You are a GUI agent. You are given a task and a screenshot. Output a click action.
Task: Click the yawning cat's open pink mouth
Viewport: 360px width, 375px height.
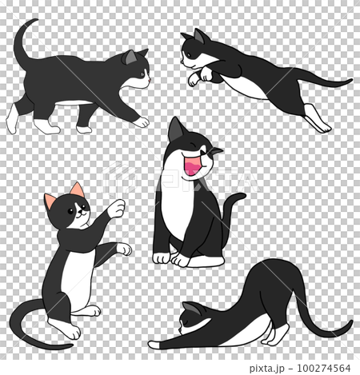tap(191, 166)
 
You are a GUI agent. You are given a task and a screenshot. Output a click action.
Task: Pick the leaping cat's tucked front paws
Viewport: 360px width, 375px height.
tap(200, 76)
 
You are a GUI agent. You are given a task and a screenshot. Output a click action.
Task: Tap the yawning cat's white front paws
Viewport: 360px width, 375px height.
tap(171, 257)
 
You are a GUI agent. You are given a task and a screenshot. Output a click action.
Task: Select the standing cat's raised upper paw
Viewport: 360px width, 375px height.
tap(117, 209)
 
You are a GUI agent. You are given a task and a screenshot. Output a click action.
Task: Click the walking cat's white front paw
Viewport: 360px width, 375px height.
tap(140, 122)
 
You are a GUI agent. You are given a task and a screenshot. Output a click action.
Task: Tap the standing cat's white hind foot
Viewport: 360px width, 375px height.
tap(67, 328)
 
